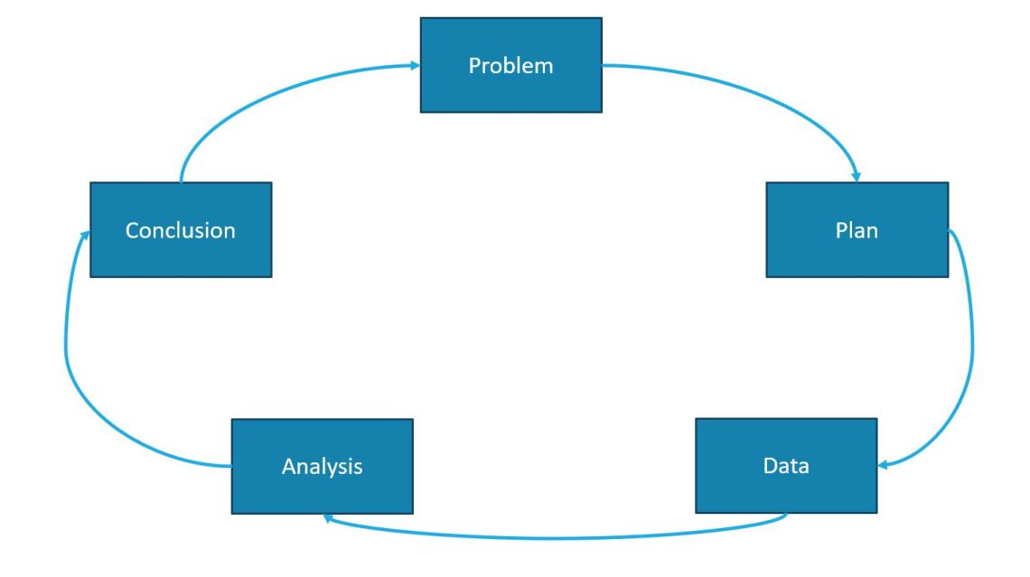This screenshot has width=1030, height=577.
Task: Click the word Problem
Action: (510, 66)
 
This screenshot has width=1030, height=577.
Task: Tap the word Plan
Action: (857, 230)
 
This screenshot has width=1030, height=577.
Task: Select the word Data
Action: (786, 466)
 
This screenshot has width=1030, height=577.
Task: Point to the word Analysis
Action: (322, 467)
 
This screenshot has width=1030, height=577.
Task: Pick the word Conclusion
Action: (180, 230)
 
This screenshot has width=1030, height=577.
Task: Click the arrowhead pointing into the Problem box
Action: (415, 65)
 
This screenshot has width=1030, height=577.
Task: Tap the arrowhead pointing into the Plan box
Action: (856, 176)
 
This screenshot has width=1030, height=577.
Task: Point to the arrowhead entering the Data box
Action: (884, 466)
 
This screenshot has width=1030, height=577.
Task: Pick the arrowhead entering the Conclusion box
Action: (85, 234)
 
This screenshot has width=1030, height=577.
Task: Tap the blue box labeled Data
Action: (786, 492)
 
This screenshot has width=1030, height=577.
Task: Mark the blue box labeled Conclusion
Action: (180, 257)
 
